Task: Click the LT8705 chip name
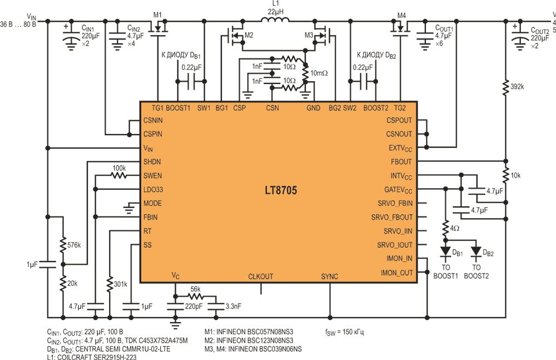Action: (x=281, y=190)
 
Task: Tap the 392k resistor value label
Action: (x=517, y=86)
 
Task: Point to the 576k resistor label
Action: (x=74, y=245)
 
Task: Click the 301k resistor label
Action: (x=121, y=284)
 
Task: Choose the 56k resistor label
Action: (x=195, y=289)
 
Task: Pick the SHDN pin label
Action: (x=152, y=162)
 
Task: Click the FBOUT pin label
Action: (x=401, y=162)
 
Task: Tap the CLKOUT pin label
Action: (x=261, y=277)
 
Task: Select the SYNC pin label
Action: (x=329, y=277)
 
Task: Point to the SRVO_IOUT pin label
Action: (x=395, y=245)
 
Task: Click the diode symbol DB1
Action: (x=445, y=251)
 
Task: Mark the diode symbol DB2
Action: (x=476, y=251)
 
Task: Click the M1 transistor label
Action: (x=157, y=15)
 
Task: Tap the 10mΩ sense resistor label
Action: (x=319, y=73)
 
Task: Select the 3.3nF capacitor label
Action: (x=234, y=306)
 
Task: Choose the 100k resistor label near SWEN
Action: (x=119, y=168)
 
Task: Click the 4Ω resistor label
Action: (x=455, y=228)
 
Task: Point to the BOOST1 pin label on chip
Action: (x=178, y=108)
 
